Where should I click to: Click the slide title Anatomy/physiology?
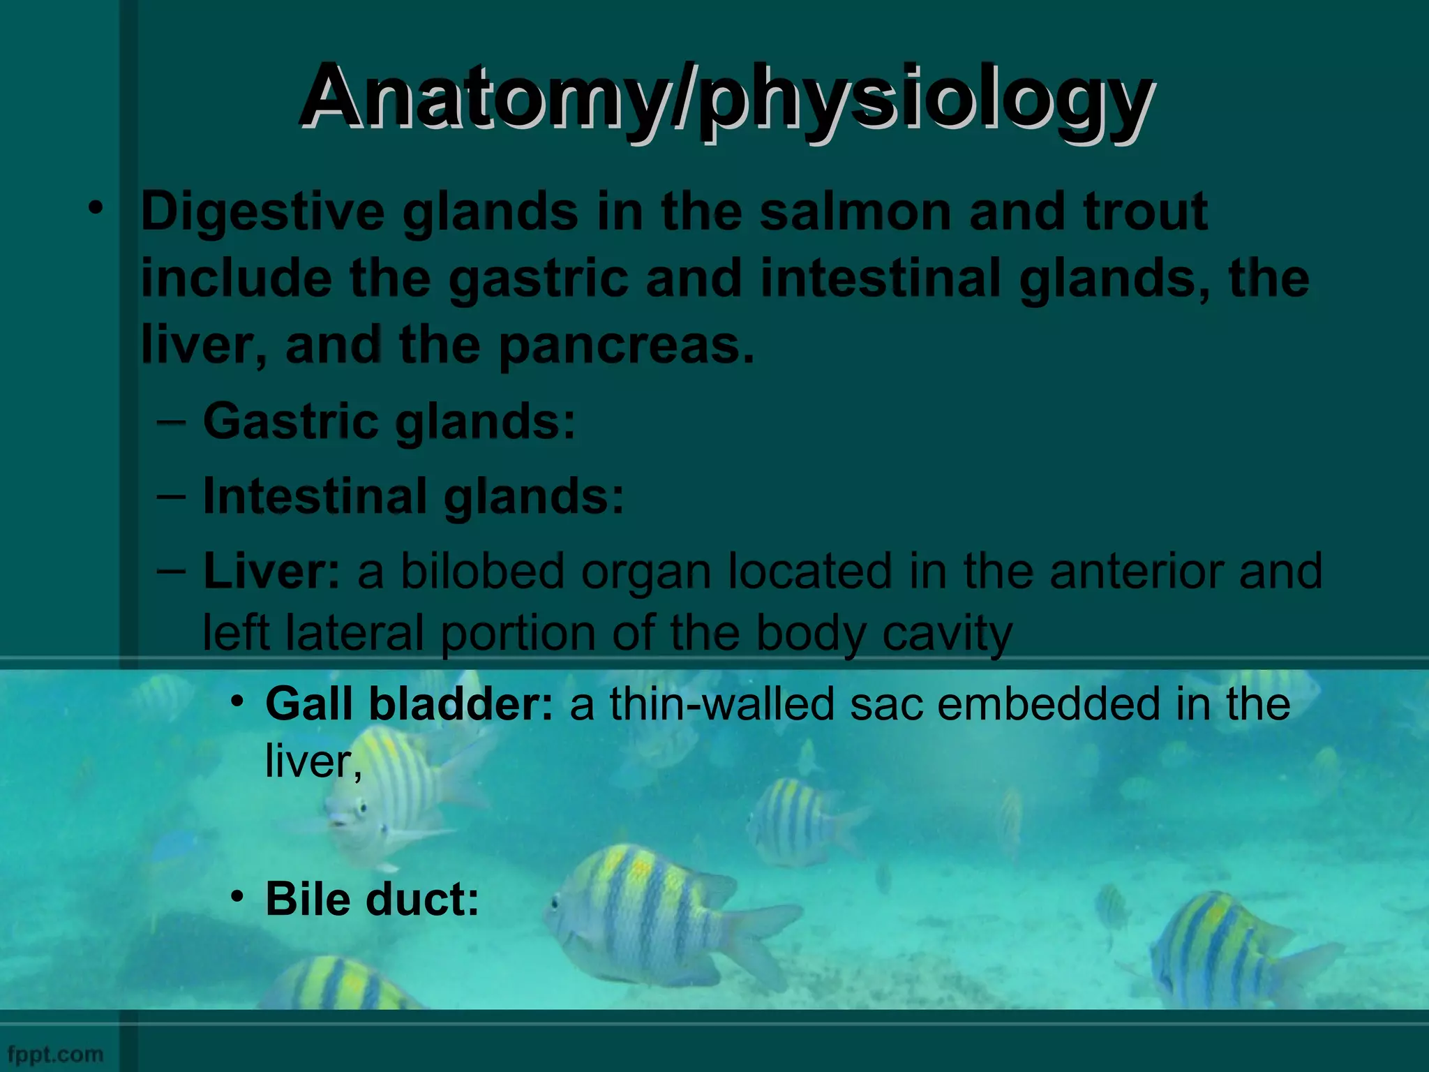click(726, 98)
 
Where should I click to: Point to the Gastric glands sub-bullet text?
click(389, 422)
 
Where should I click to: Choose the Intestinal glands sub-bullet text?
click(413, 496)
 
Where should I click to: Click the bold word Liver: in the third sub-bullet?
click(271, 571)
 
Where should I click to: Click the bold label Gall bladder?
click(410, 703)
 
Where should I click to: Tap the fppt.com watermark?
click(55, 1054)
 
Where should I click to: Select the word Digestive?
click(262, 212)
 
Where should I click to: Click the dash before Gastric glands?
click(172, 422)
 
